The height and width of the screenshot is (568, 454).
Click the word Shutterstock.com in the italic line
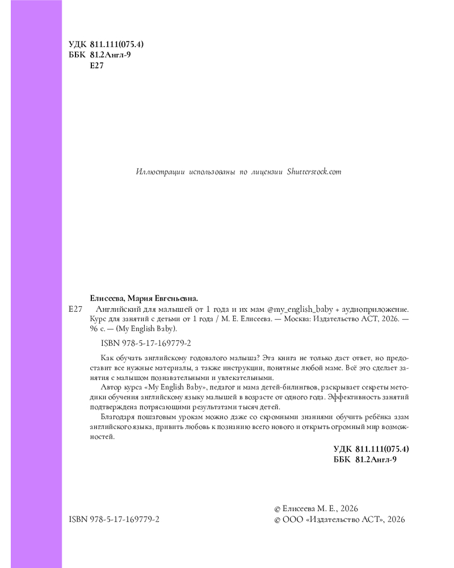314,172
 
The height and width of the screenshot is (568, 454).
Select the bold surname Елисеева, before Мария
107,298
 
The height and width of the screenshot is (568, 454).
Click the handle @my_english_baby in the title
300,310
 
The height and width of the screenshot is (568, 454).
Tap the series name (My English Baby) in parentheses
146,329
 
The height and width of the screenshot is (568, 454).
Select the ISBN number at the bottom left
113,520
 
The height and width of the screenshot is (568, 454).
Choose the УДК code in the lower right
371,449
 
